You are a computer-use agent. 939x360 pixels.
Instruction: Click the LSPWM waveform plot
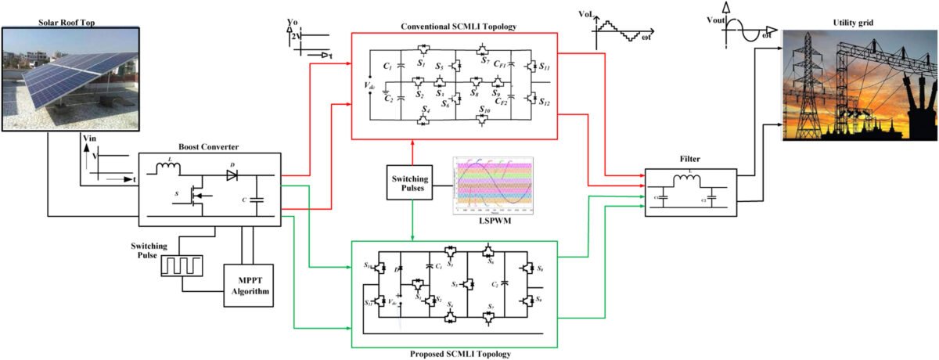[492, 185]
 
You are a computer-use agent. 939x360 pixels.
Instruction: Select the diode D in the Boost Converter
[232, 175]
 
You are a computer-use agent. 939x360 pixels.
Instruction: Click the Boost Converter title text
[208, 146]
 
